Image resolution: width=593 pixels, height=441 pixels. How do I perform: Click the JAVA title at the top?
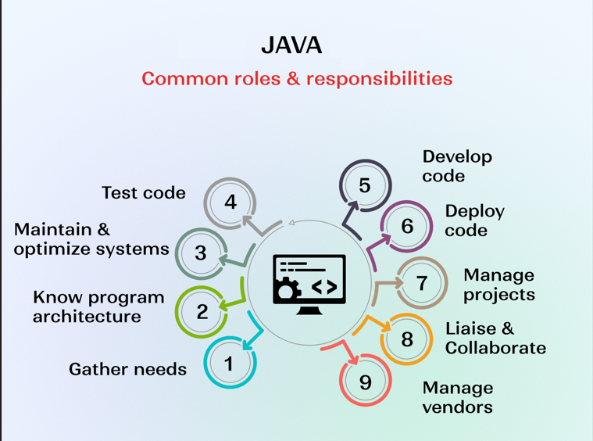click(291, 45)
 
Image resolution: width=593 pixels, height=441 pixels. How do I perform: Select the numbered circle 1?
click(230, 364)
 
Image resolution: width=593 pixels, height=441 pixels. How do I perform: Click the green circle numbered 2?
click(202, 311)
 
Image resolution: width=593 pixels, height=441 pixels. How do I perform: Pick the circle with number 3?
click(201, 253)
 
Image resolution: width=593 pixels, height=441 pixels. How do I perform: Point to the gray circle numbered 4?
click(230, 203)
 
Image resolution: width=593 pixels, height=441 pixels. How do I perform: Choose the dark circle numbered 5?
click(365, 185)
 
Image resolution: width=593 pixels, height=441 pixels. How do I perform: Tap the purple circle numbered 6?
click(406, 226)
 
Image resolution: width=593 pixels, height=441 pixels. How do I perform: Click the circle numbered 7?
click(423, 282)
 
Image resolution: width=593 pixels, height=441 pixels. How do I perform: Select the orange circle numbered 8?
click(407, 339)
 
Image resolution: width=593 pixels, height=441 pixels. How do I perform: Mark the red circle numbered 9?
click(365, 382)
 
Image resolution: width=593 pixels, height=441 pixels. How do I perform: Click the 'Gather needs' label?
click(127, 369)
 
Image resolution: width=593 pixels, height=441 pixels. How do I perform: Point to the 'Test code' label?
click(144, 192)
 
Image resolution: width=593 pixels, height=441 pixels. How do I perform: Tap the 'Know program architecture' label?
click(98, 307)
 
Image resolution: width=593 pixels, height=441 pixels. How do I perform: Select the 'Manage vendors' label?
click(458, 397)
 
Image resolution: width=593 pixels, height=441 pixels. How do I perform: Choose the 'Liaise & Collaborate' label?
click(495, 338)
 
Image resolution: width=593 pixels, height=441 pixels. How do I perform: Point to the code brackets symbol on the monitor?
click(324, 287)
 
